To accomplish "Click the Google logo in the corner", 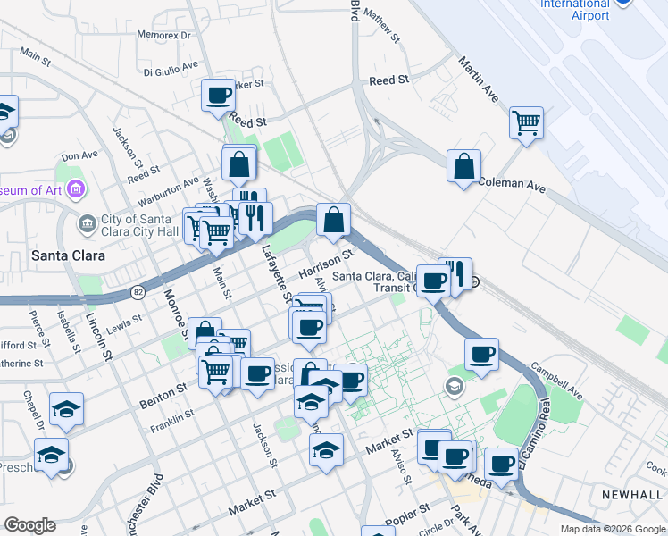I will click(29, 525).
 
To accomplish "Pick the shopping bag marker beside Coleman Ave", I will click(463, 166).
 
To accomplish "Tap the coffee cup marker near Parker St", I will click(218, 95).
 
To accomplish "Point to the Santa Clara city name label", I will click(68, 255).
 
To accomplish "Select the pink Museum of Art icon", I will click(77, 190).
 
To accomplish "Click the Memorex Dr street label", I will click(164, 36).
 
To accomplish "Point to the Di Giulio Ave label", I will click(171, 67).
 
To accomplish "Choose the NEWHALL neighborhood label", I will click(633, 494).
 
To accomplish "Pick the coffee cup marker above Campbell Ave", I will click(481, 354).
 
